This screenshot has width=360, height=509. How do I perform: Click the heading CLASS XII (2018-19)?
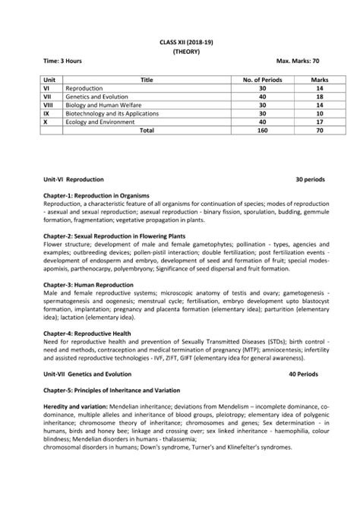[180, 40]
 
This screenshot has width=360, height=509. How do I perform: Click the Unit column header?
[51, 79]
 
